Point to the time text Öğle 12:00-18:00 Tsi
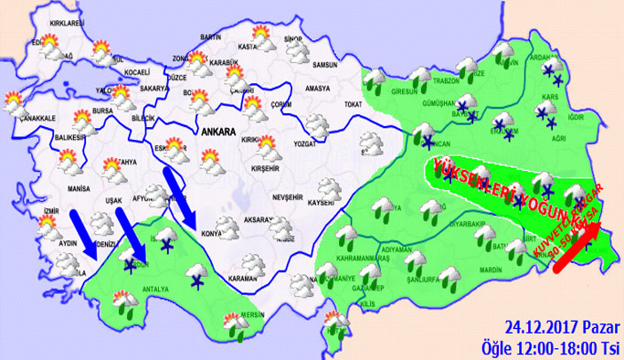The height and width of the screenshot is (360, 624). pyautogui.click(x=552, y=347)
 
